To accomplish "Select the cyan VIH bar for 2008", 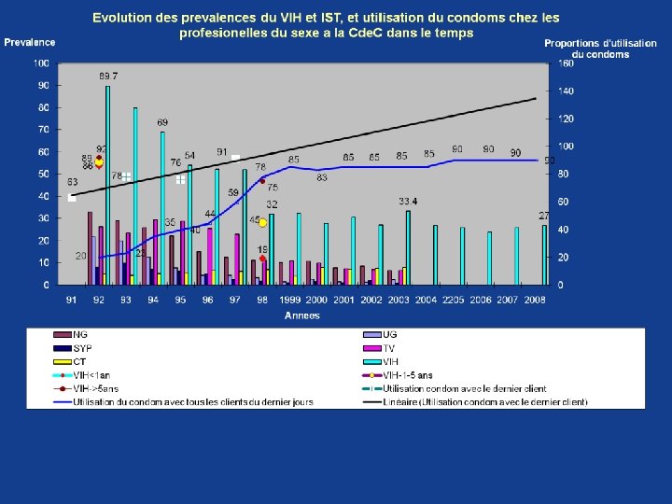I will (x=545, y=254).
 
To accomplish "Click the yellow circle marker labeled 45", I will (x=262, y=222).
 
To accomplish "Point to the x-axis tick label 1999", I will (x=290, y=300).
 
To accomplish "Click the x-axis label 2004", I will (x=427, y=300).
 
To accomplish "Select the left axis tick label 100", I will (x=41, y=63).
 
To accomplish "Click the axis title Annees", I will (x=302, y=315).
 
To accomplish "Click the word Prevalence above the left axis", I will (x=30, y=42).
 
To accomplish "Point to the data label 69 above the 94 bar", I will (x=162, y=122).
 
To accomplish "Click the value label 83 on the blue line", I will (x=322, y=177).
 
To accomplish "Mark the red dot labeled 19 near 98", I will (x=262, y=259).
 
